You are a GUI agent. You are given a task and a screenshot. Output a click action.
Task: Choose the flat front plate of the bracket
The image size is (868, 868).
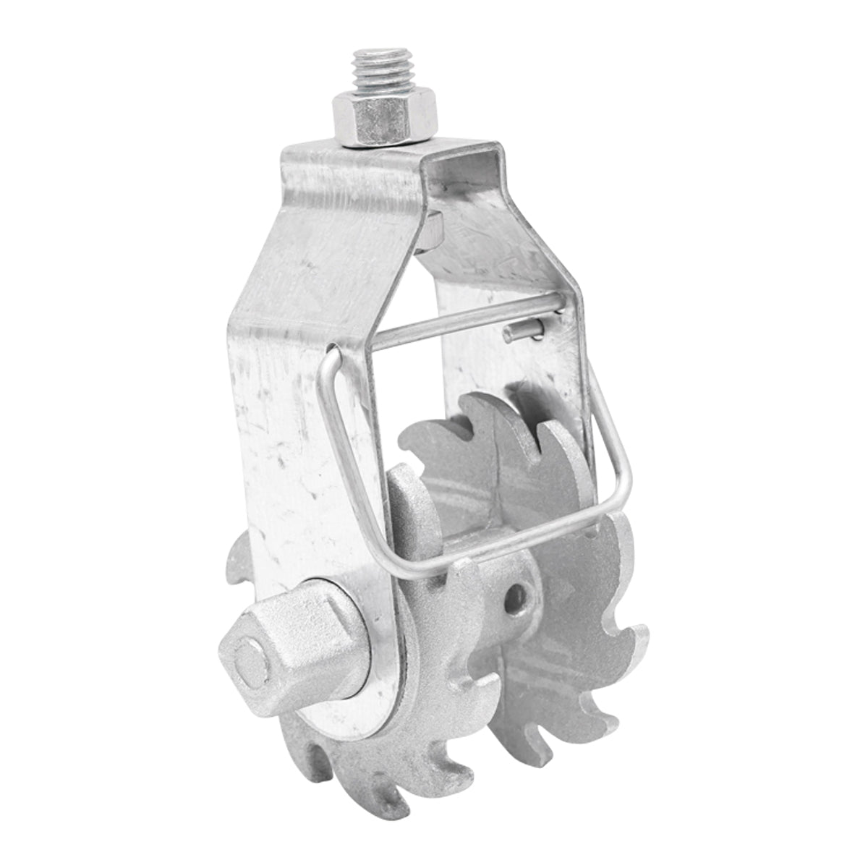[304, 434]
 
